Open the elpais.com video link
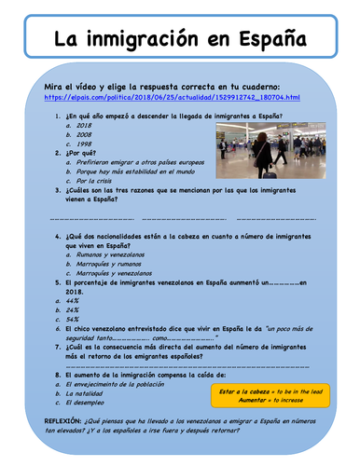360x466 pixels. click(172, 97)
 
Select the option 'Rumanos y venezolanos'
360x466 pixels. click(112, 253)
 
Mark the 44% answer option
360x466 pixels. click(73, 300)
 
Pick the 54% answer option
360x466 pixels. click(73, 319)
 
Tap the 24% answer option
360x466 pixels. click(73, 309)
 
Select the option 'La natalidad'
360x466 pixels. click(90, 393)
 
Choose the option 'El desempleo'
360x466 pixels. click(90, 403)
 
